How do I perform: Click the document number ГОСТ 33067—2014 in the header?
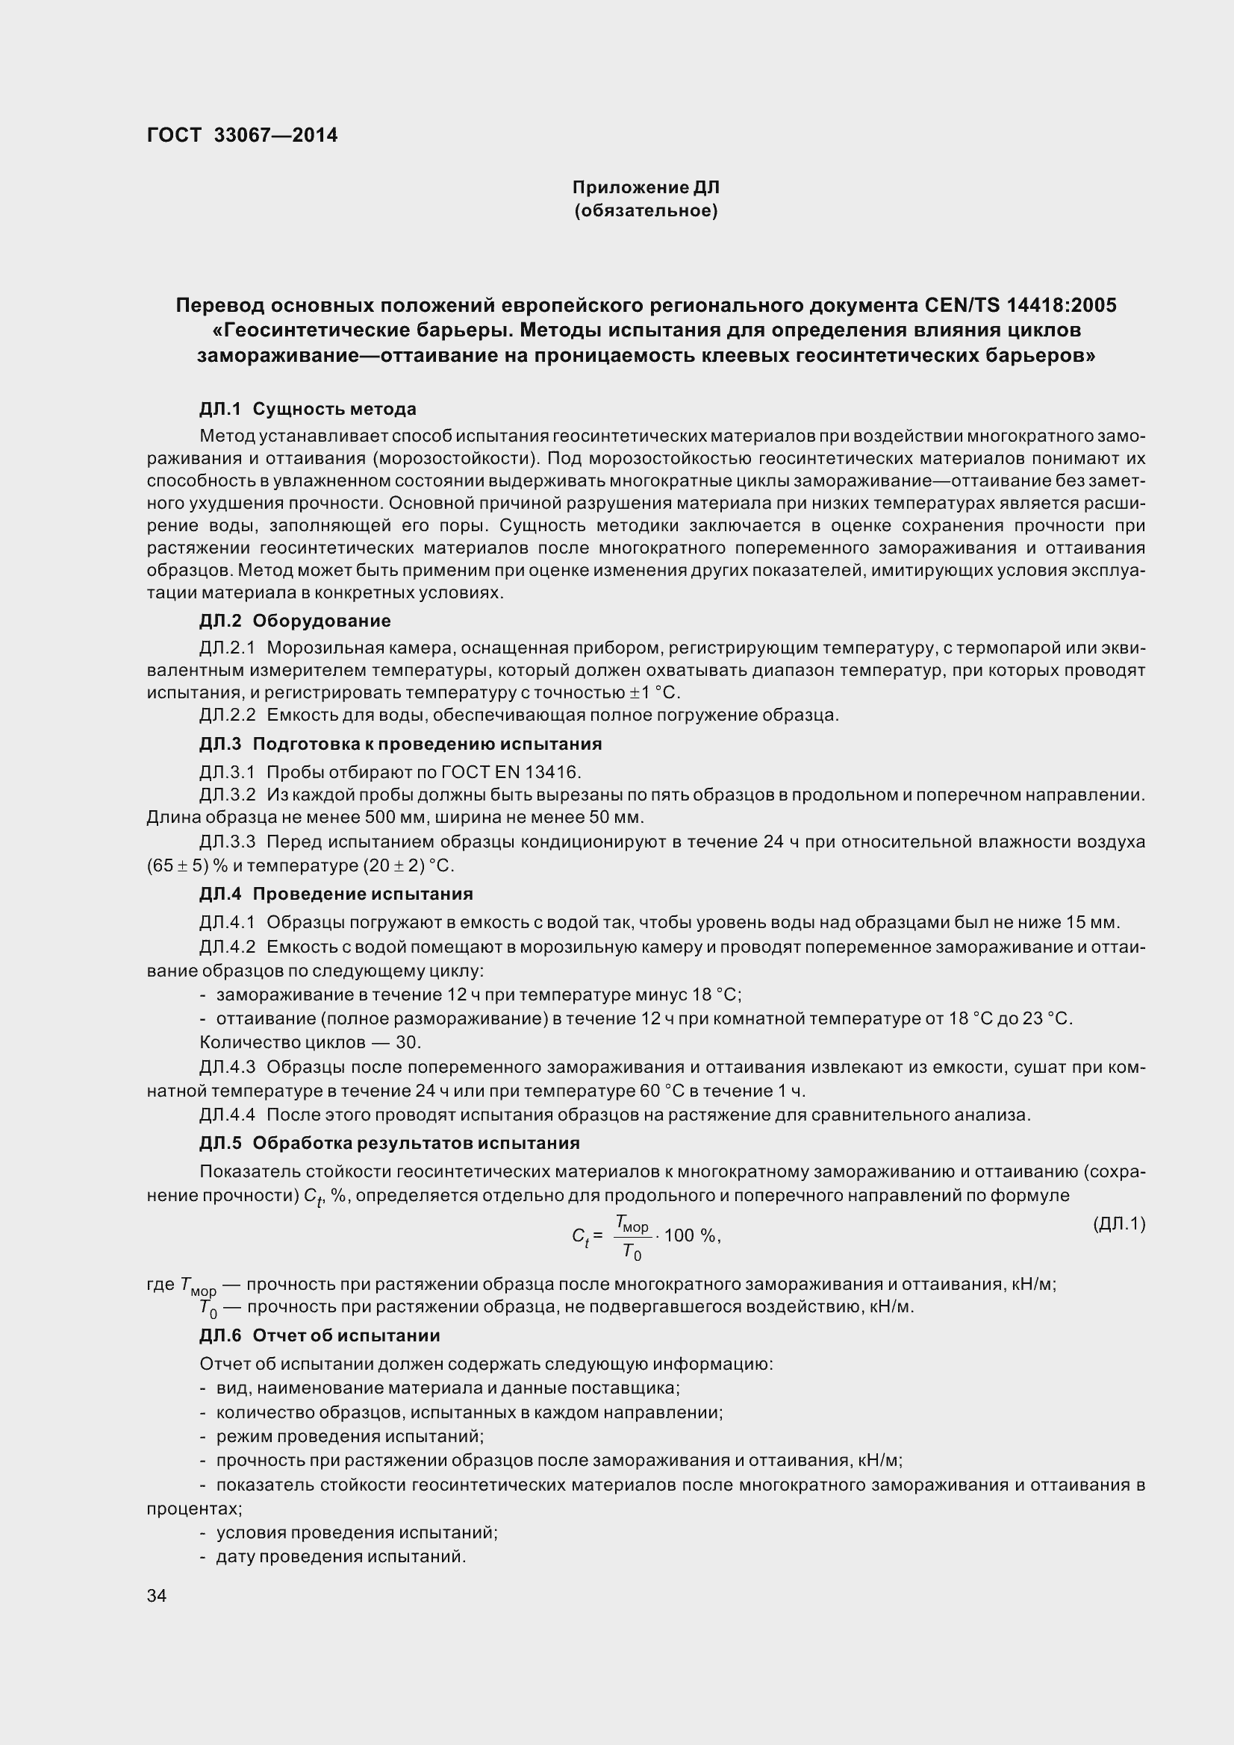click(x=242, y=135)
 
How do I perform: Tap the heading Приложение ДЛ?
click(x=646, y=187)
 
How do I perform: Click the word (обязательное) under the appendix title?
click(x=646, y=210)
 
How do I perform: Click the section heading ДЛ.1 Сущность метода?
click(x=307, y=409)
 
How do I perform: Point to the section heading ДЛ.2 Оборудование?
click(x=295, y=620)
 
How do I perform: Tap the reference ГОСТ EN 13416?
click(x=510, y=772)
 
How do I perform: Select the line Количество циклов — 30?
click(x=311, y=1042)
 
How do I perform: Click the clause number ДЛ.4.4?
click(x=228, y=1115)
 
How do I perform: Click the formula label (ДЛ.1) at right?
click(x=1118, y=1224)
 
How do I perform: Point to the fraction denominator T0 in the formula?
click(x=631, y=1251)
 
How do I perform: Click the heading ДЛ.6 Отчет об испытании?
click(x=320, y=1335)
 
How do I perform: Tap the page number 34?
click(x=157, y=1596)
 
